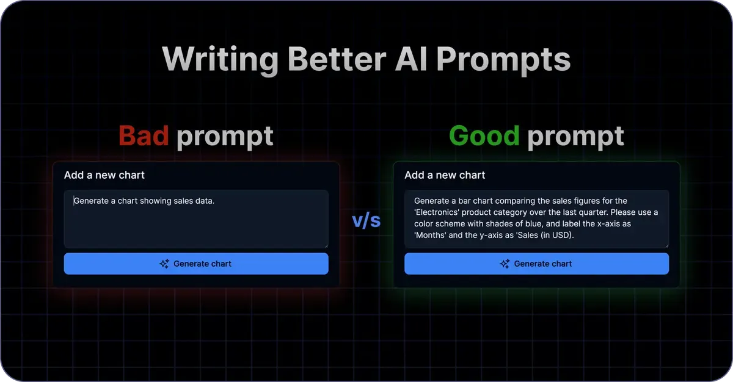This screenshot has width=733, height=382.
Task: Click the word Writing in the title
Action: (x=220, y=60)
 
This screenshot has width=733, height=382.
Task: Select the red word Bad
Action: (x=144, y=135)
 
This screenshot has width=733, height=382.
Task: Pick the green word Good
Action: (x=484, y=135)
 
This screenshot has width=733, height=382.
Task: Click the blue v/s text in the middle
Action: (x=366, y=221)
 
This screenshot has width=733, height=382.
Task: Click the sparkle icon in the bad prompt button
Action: (x=164, y=264)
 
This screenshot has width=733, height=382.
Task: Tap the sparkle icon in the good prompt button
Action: (x=505, y=264)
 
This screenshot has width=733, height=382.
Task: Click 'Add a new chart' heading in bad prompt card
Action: (x=104, y=175)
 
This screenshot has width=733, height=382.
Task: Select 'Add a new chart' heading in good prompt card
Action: (x=445, y=175)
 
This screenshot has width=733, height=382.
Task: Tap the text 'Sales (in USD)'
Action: (x=544, y=235)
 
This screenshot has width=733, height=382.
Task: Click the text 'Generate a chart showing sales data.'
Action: (x=144, y=200)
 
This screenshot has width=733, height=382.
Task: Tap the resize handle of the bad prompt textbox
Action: (x=326, y=245)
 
